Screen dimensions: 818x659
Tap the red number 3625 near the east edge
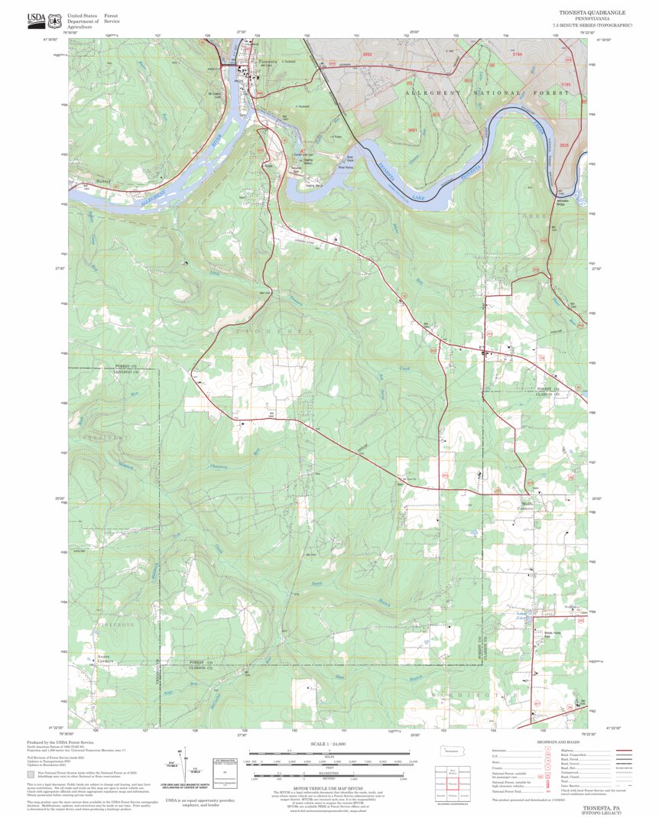point(564,144)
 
